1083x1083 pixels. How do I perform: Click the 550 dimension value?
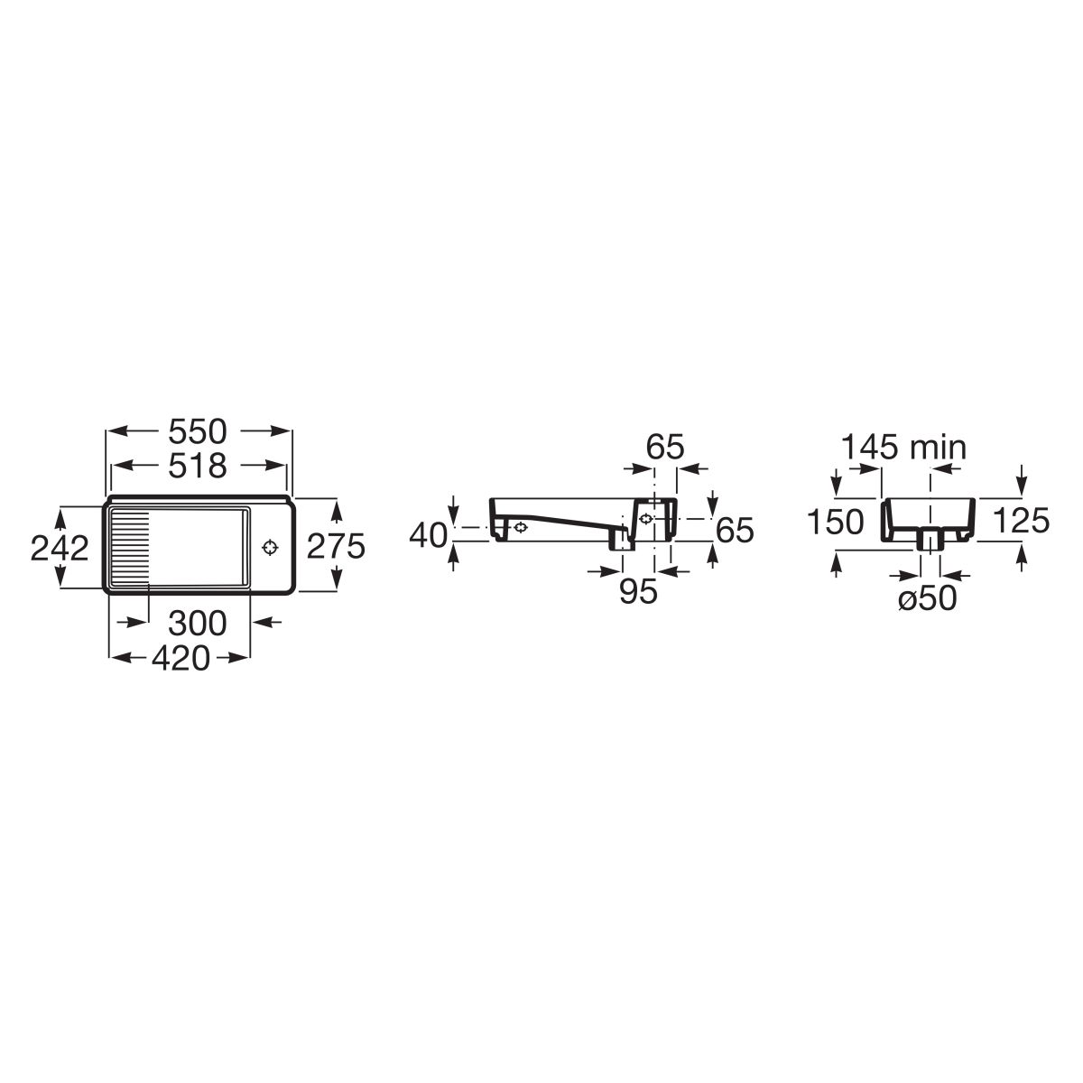[x=198, y=431]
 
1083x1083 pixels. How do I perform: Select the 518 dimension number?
[x=198, y=466]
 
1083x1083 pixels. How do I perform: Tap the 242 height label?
[x=60, y=548]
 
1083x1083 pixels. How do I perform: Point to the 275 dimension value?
[x=336, y=545]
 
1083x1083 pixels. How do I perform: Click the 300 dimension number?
[x=198, y=623]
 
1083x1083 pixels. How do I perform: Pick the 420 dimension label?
[x=181, y=658]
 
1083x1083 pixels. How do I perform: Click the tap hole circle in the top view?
[x=271, y=547]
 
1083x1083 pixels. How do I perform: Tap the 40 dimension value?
[x=429, y=534]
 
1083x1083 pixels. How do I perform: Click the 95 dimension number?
[x=638, y=590]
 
